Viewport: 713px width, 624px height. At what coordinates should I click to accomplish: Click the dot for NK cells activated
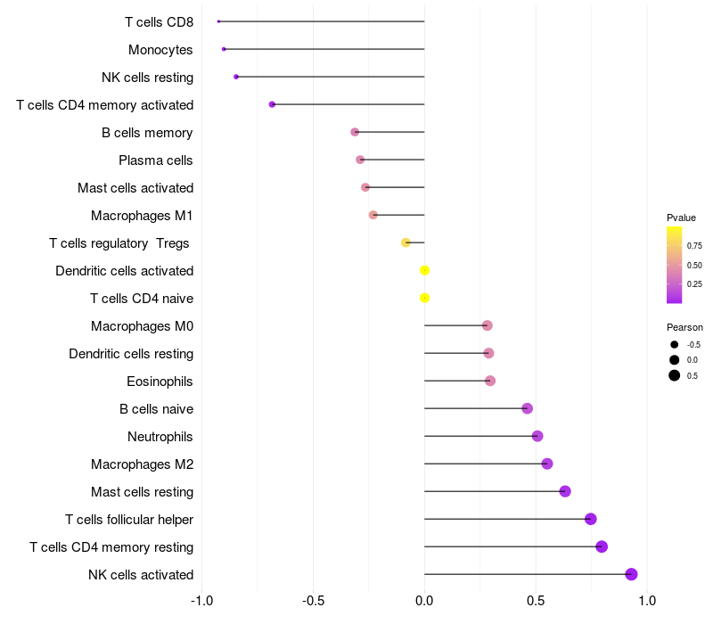631,574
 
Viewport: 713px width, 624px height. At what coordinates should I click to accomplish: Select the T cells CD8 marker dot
218,21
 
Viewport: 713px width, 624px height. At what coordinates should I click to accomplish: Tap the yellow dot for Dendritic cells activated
424,270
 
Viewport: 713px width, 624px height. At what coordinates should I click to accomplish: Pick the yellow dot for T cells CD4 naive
424,298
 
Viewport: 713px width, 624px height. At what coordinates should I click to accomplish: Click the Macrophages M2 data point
547,464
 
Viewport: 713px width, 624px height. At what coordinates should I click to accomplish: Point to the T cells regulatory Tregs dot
406,242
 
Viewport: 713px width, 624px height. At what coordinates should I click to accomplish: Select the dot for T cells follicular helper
590,519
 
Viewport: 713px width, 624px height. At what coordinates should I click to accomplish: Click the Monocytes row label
160,49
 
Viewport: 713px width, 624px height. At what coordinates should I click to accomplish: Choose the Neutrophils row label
160,437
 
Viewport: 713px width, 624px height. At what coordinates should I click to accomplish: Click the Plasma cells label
156,160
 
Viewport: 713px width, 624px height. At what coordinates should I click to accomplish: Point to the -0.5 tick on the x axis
313,601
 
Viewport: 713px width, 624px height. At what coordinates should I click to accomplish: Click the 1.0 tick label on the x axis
648,601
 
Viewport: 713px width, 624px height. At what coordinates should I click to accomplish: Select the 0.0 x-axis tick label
424,601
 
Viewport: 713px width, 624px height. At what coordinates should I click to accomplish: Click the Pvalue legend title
681,218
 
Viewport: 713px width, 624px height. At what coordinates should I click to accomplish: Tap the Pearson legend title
684,327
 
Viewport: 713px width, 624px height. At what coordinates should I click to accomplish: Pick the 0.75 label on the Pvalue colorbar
694,246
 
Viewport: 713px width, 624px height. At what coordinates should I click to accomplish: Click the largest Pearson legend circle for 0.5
675,375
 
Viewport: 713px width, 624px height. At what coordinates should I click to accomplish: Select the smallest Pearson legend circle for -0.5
675,344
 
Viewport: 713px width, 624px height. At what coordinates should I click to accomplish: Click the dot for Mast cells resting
565,491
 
